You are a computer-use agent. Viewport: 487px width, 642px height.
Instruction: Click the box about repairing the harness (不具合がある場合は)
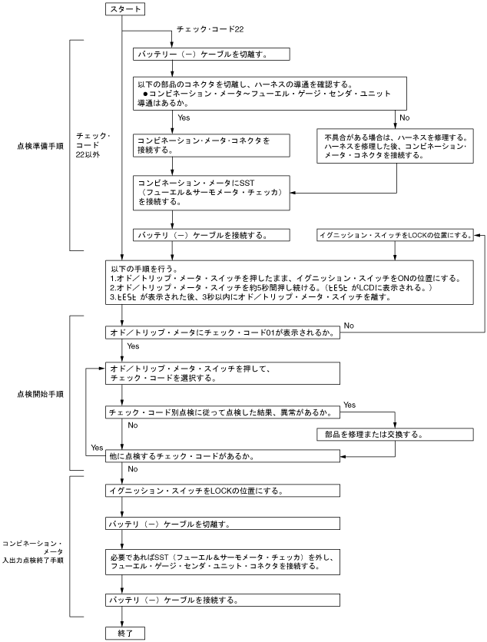396,145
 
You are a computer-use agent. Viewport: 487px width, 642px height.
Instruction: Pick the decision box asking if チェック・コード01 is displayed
223,333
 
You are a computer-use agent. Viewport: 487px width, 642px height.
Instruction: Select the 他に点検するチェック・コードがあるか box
223,456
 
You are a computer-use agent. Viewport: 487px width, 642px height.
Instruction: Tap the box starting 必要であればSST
223,561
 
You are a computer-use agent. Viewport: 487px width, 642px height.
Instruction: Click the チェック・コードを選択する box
223,373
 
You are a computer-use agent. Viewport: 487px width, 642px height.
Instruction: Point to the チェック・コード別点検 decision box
223,412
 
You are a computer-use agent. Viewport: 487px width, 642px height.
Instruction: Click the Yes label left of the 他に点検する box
97,448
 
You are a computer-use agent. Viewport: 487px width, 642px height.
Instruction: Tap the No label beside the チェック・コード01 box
349,326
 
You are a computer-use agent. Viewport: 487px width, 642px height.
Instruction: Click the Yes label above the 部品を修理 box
350,404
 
